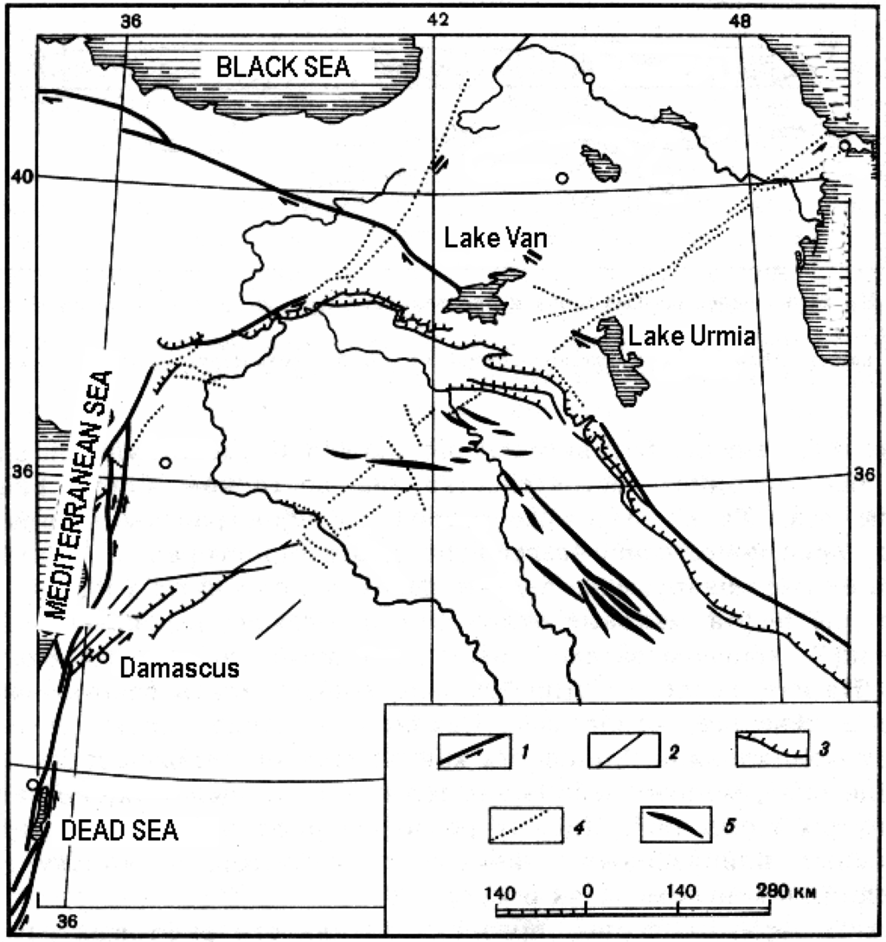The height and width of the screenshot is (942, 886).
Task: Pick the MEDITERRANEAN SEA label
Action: tap(80, 498)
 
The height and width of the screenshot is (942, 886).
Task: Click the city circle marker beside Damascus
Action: tap(102, 657)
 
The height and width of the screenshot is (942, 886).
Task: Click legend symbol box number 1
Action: tap(472, 750)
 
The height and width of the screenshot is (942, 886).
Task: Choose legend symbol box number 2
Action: tap(619, 749)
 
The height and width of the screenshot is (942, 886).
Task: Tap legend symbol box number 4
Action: tap(521, 825)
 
